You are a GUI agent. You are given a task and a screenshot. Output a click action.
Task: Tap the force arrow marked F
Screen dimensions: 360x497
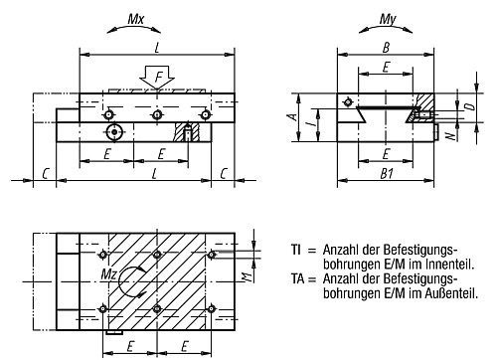157,76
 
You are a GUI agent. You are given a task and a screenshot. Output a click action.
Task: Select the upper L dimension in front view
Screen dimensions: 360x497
156,46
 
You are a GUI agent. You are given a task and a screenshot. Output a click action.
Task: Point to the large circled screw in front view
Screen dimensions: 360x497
115,131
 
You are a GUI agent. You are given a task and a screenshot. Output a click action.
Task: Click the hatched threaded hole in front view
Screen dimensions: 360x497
185,132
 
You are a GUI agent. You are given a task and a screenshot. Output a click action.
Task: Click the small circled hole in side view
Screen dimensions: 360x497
347,101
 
